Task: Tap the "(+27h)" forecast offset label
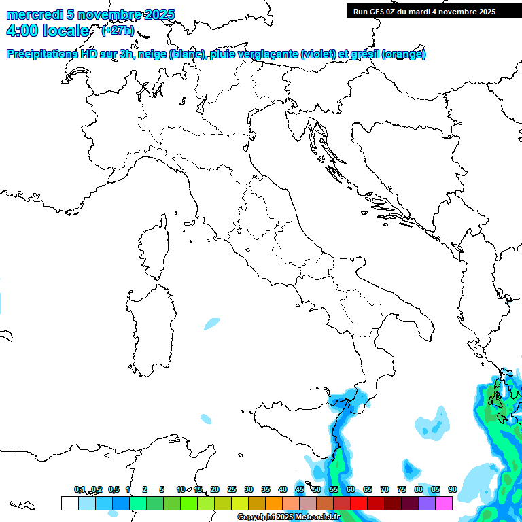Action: click(117, 31)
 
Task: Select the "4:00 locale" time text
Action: click(48, 31)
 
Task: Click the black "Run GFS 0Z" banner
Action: click(424, 12)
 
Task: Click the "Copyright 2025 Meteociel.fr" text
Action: click(288, 517)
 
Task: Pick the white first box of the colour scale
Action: click(69, 503)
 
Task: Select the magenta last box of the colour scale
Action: click(444, 503)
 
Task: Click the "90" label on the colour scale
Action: click(452, 489)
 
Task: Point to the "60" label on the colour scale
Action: click(351, 489)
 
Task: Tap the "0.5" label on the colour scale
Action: click(114, 489)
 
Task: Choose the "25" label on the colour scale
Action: click(232, 489)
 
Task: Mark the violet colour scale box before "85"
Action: click(427, 503)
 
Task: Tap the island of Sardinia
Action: click(150, 326)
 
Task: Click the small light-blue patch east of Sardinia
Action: click(212, 324)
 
